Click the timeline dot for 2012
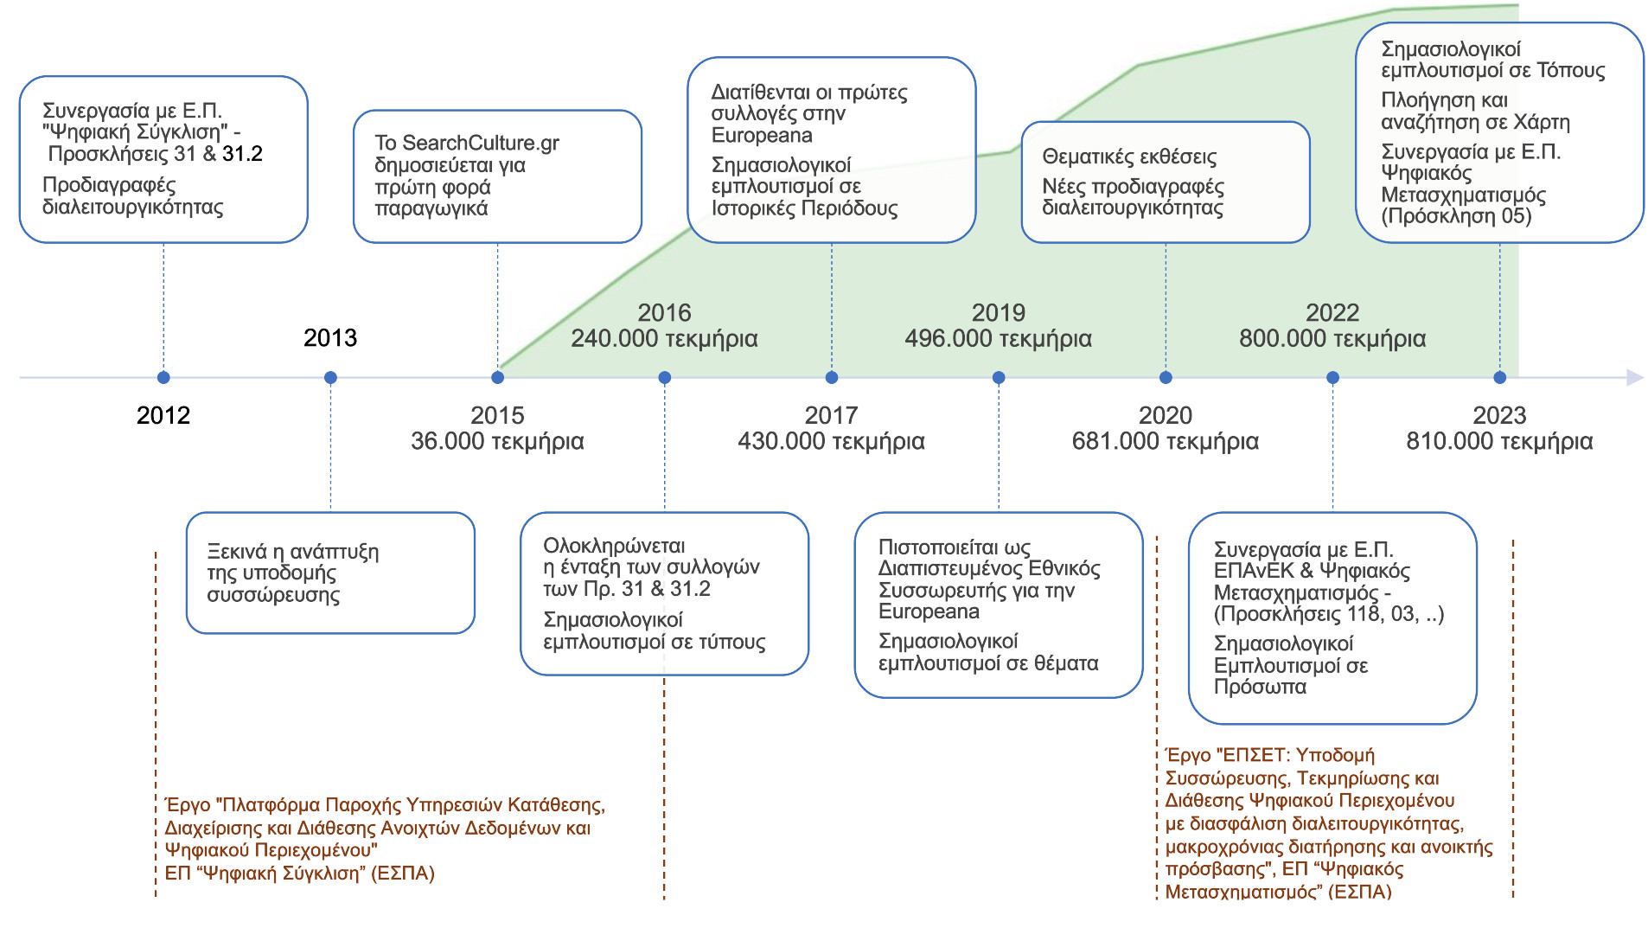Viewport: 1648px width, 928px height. tap(163, 377)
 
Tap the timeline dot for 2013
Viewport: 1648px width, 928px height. tap(330, 377)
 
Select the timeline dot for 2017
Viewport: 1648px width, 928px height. tap(832, 377)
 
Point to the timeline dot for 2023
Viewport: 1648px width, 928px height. tap(1500, 377)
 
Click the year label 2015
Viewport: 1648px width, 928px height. tap(497, 415)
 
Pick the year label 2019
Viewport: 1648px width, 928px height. tap(998, 312)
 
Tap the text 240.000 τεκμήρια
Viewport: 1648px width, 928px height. tap(664, 338)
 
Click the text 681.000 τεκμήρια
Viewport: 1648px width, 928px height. tap(1165, 441)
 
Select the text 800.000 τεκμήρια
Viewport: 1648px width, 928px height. tap(1332, 338)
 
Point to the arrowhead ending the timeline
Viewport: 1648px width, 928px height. tap(1634, 377)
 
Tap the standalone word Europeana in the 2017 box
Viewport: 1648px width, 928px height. tap(761, 135)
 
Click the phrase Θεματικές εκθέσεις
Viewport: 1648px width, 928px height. tap(1129, 157)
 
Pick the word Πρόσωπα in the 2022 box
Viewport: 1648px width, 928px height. tap(1260, 687)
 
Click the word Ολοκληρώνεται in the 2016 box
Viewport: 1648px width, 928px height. tap(614, 546)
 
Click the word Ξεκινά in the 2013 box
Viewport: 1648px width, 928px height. tap(237, 552)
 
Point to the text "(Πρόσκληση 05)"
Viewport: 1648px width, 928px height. tap(1456, 215)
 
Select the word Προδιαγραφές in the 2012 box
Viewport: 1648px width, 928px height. tap(109, 185)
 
